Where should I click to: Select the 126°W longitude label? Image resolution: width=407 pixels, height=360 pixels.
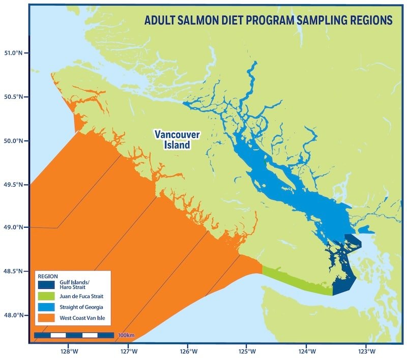[188, 351]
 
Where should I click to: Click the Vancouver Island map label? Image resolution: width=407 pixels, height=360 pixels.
[177, 140]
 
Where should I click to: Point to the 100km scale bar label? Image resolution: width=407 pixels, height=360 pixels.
[125, 336]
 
